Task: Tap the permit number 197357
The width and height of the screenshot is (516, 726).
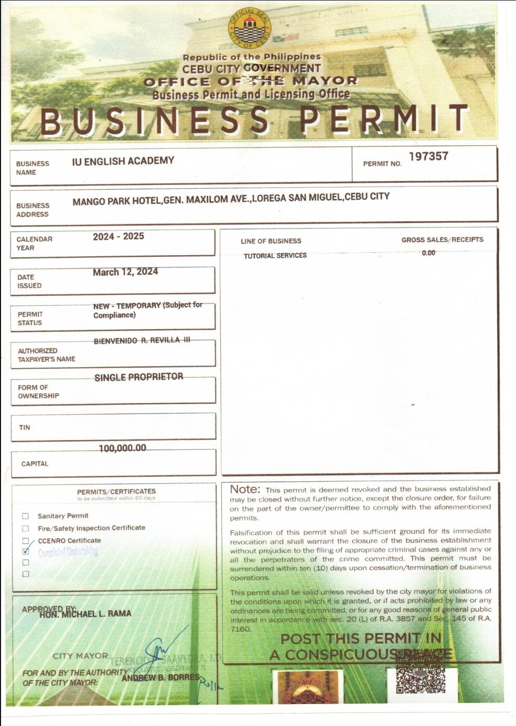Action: pyautogui.click(x=428, y=156)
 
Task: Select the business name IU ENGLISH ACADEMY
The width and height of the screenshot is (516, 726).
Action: pyautogui.click(x=123, y=161)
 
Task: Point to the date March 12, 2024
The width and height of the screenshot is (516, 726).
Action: pyautogui.click(x=125, y=272)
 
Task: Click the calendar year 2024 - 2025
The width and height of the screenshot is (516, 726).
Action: pyautogui.click(x=118, y=236)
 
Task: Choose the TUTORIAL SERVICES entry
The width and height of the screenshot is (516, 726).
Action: pyautogui.click(x=275, y=256)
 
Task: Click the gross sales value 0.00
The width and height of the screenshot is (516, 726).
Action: pyautogui.click(x=429, y=253)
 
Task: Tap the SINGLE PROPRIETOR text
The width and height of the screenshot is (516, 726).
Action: pyautogui.click(x=139, y=377)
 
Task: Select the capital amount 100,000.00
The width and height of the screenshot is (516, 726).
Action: pyautogui.click(x=122, y=448)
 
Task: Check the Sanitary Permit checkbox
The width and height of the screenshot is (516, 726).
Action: pyautogui.click(x=26, y=516)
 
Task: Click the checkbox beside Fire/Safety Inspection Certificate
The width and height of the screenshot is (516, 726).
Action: pyautogui.click(x=26, y=529)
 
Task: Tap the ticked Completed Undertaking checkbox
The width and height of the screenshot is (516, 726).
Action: pyautogui.click(x=26, y=551)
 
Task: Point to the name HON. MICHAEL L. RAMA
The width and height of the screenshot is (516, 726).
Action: pyautogui.click(x=85, y=614)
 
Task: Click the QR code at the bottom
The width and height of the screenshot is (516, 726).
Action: pyautogui.click(x=421, y=679)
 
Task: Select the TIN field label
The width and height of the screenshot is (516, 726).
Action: pyautogui.click(x=24, y=428)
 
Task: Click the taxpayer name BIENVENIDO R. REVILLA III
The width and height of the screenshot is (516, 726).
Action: pyautogui.click(x=142, y=341)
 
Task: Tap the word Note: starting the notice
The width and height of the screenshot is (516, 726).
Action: pyautogui.click(x=245, y=489)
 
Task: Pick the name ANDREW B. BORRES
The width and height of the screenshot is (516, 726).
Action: pyautogui.click(x=160, y=678)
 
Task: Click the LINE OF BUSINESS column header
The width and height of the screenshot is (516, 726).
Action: pyautogui.click(x=271, y=241)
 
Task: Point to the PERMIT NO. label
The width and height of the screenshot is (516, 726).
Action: pyautogui.click(x=382, y=164)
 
